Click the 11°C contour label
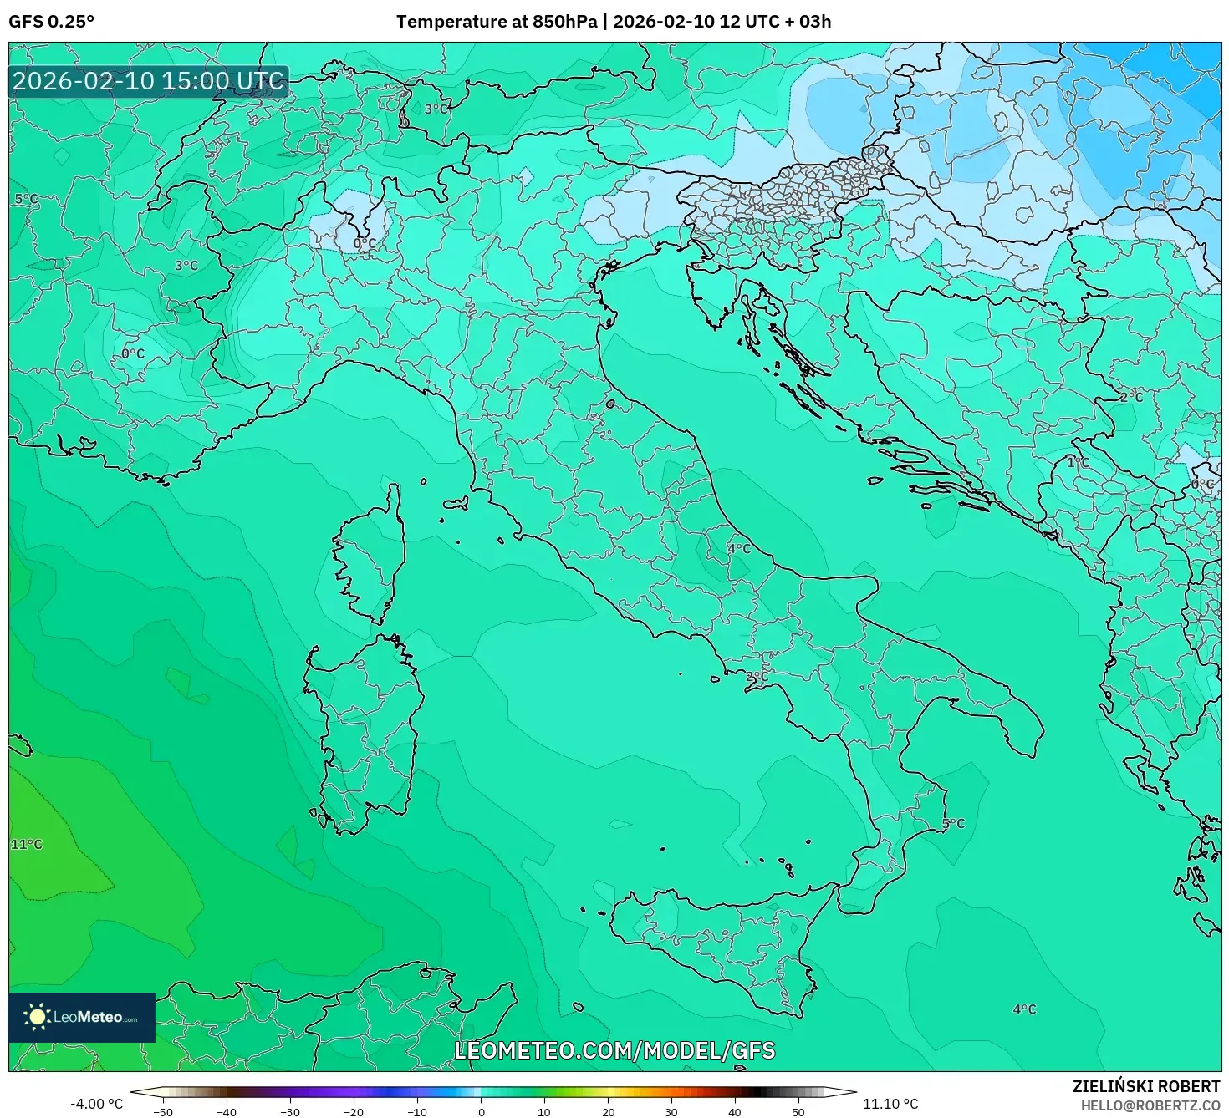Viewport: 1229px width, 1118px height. pyautogui.click(x=26, y=845)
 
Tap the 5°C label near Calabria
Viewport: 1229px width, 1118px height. pyautogui.click(x=953, y=824)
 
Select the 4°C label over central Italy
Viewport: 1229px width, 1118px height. pyautogui.click(x=739, y=549)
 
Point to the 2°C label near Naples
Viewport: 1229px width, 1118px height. pyautogui.click(x=757, y=676)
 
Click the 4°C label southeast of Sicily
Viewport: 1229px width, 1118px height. pyautogui.click(x=1024, y=1009)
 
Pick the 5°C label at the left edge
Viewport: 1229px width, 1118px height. pyautogui.click(x=26, y=199)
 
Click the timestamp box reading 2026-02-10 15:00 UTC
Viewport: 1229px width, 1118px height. pyautogui.click(x=149, y=81)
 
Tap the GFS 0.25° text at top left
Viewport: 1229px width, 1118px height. pyautogui.click(x=51, y=22)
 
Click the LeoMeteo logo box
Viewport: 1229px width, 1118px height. pyautogui.click(x=82, y=1017)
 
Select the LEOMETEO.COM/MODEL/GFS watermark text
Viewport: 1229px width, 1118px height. pyautogui.click(x=614, y=1050)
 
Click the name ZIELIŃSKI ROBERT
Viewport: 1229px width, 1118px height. pyautogui.click(x=1146, y=1086)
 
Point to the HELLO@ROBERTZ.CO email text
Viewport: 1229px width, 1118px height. pyautogui.click(x=1150, y=1105)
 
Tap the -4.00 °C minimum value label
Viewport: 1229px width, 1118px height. pyautogui.click(x=96, y=1104)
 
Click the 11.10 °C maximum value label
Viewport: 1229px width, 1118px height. pyautogui.click(x=890, y=1104)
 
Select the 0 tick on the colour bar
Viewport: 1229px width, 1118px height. pyautogui.click(x=481, y=1111)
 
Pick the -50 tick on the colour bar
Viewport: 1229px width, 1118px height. pyautogui.click(x=163, y=1111)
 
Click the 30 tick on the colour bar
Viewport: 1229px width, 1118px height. pyautogui.click(x=671, y=1111)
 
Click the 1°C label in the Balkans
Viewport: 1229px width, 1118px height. pyautogui.click(x=1078, y=462)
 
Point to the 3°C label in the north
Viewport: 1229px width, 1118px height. pyautogui.click(x=436, y=109)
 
